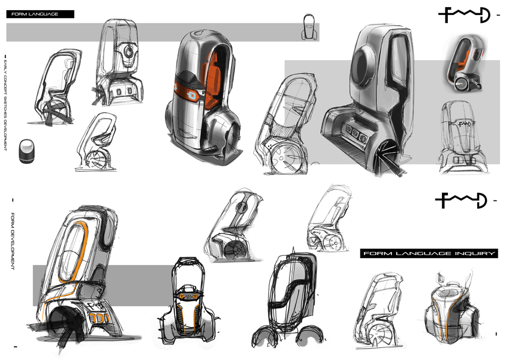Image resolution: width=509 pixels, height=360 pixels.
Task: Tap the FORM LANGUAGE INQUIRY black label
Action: pos(429,254)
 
